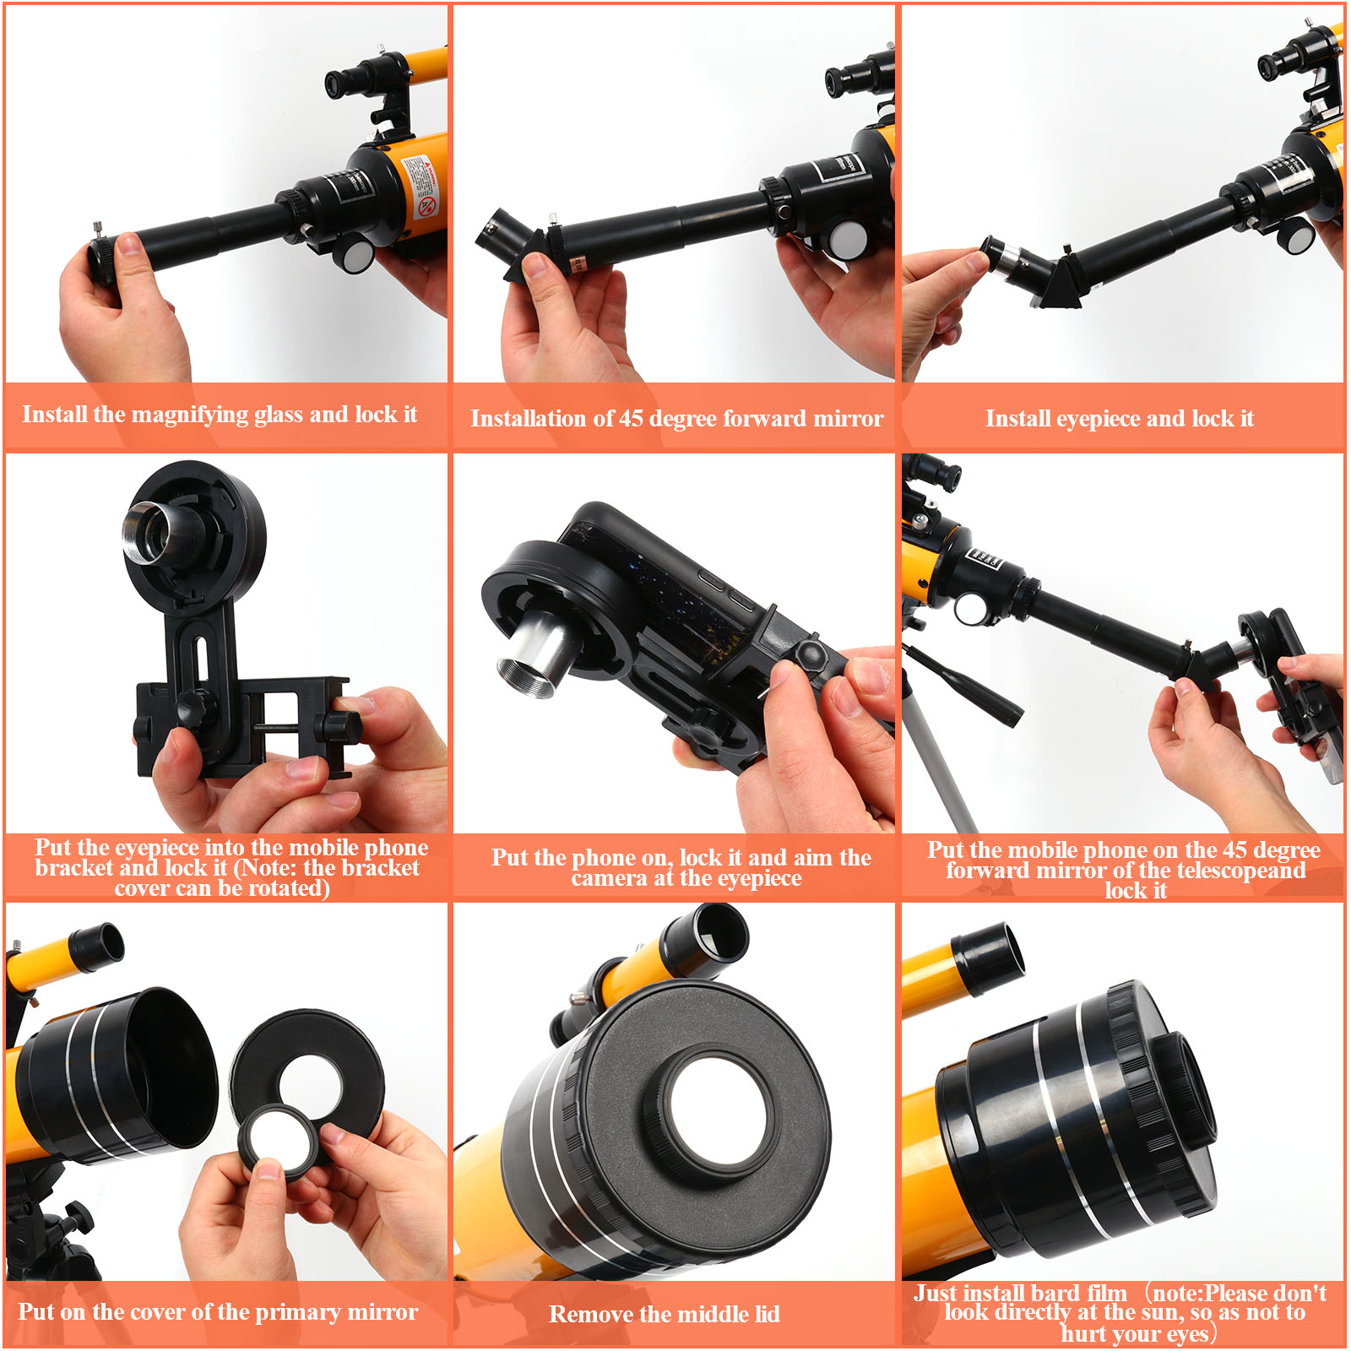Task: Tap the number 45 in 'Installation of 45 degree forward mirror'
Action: click(x=631, y=418)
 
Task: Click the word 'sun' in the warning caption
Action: click(x=1165, y=1312)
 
